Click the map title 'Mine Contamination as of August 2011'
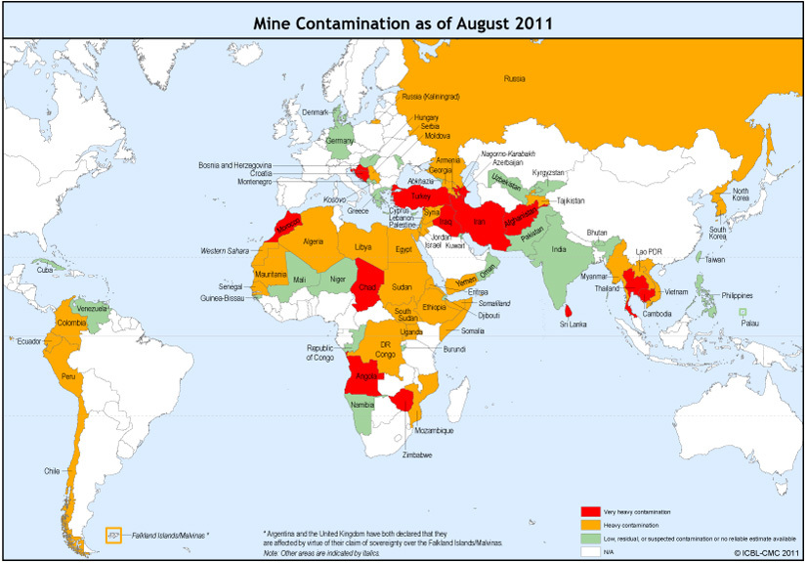[403, 22]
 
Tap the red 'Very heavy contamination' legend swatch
[590, 511]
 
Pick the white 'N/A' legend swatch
[590, 549]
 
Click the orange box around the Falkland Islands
[113, 536]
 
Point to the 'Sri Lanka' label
[573, 324]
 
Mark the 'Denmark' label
[316, 113]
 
